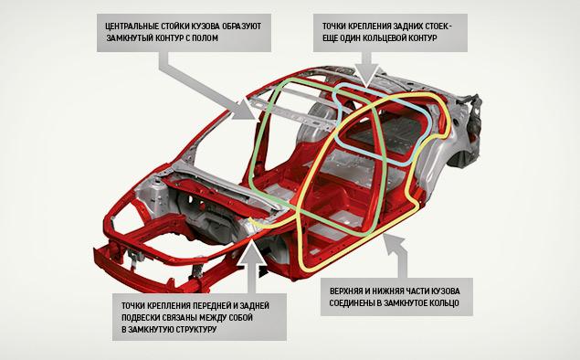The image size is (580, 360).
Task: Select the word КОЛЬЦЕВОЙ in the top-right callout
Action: point(385,38)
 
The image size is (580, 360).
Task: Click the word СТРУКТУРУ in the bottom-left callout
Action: point(195,329)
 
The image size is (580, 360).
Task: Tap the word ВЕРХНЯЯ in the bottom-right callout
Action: point(345,291)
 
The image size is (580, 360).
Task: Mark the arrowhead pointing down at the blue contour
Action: point(366,76)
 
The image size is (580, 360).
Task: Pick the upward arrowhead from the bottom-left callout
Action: point(251,251)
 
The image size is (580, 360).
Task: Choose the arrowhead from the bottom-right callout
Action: point(391,242)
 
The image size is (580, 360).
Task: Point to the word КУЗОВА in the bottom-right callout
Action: point(446,291)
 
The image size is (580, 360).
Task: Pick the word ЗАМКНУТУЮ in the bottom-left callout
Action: point(150,329)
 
